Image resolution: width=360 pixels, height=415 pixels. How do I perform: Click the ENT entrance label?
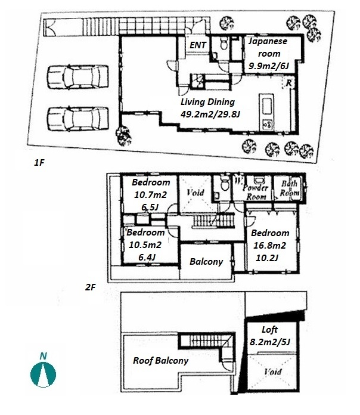click(198, 45)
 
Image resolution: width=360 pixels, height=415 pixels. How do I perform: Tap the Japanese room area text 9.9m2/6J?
click(268, 66)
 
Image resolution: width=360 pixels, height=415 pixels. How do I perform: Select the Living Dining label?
click(207, 102)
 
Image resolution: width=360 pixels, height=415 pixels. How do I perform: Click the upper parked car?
click(77, 76)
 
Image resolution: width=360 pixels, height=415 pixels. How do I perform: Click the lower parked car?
click(77, 119)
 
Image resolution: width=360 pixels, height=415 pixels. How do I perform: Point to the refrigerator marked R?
click(288, 83)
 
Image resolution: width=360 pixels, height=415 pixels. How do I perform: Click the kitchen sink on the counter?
click(266, 106)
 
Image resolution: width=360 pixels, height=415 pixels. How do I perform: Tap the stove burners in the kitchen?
click(267, 124)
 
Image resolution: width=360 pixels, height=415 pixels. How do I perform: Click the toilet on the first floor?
click(224, 44)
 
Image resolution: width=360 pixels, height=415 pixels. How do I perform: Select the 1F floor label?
click(39, 163)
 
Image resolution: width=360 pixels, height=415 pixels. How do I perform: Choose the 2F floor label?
click(90, 287)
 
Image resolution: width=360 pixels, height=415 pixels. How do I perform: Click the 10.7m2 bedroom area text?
click(150, 195)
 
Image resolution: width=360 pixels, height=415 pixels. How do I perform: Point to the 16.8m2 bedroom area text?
click(269, 245)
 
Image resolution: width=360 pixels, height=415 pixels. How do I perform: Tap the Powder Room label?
click(256, 192)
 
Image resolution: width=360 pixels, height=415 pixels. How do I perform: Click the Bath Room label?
click(290, 188)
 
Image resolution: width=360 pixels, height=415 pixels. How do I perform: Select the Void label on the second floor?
click(195, 193)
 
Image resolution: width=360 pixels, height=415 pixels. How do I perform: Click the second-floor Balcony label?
click(206, 262)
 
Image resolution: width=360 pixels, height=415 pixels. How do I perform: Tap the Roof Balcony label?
click(160, 361)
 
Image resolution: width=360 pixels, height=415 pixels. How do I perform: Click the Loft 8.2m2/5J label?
click(270, 336)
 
